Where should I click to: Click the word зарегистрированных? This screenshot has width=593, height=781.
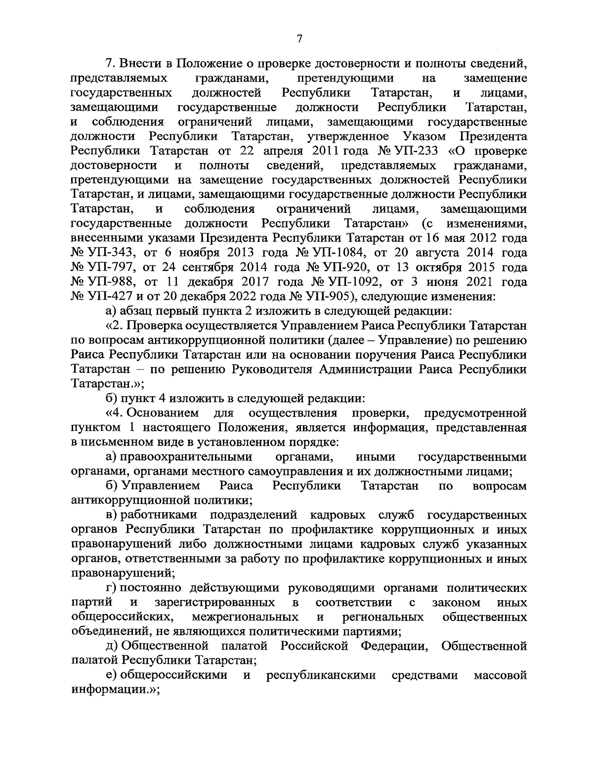pos(214,603)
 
